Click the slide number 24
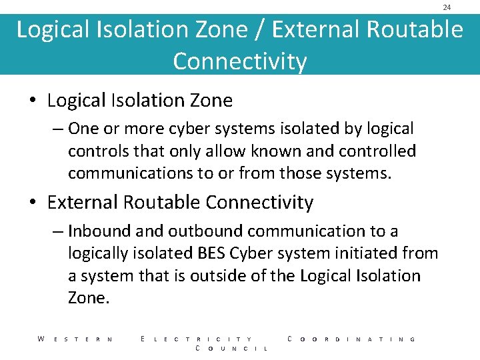click(447, 7)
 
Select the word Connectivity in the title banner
click(240, 61)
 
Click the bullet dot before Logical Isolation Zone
click(33, 101)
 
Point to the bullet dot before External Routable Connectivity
click(33, 203)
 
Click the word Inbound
click(99, 231)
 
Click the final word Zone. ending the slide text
click(88, 298)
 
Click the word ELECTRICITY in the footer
click(197, 339)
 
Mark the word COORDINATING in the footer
click(351, 339)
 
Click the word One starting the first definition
click(83, 129)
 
